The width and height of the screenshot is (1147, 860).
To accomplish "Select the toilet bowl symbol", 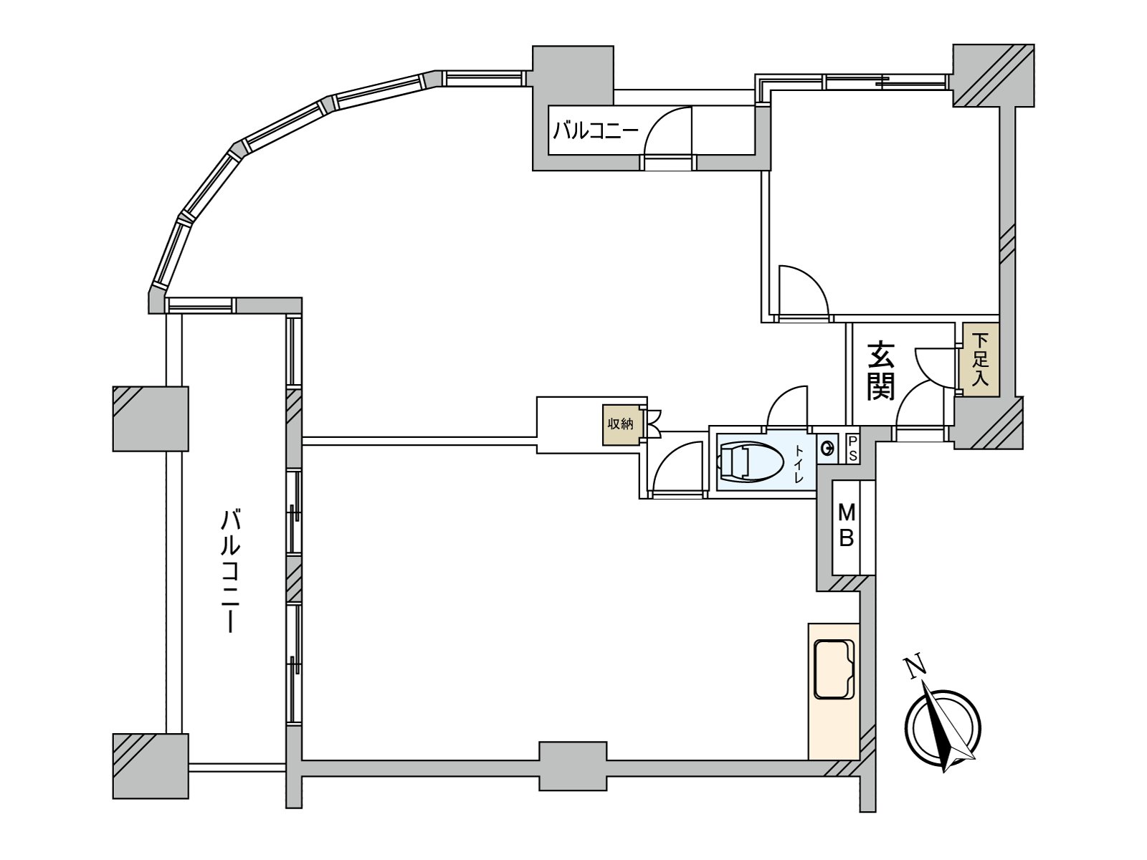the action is pyautogui.click(x=751, y=463).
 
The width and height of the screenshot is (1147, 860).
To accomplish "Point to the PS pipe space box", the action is pyautogui.click(x=852, y=449).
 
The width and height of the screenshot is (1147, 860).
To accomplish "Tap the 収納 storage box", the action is pyautogui.click(x=620, y=424).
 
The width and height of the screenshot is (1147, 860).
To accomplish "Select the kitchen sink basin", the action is pyautogui.click(x=834, y=669).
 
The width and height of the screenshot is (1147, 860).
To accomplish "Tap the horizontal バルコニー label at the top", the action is pyautogui.click(x=596, y=130).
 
